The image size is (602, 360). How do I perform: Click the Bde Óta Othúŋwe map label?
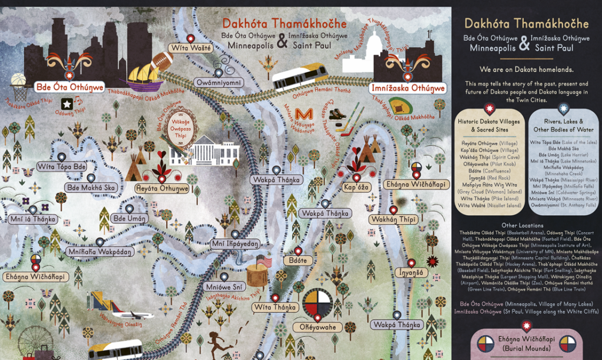coord(70,87)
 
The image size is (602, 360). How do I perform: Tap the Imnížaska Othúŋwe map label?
coord(407,88)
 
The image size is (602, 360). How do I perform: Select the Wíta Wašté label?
coord(190,48)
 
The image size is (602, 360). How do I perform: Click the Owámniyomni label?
coord(219,83)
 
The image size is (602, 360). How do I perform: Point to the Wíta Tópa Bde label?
coord(62,167)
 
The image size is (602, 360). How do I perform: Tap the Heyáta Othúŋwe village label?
coord(162,188)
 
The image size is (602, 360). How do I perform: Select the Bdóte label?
coord(295,259)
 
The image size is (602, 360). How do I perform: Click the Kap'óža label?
coord(356,187)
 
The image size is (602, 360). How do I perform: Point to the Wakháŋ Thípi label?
coord(393,219)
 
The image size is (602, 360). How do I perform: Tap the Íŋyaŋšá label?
coord(412,273)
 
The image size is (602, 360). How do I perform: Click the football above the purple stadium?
coord(162,60)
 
